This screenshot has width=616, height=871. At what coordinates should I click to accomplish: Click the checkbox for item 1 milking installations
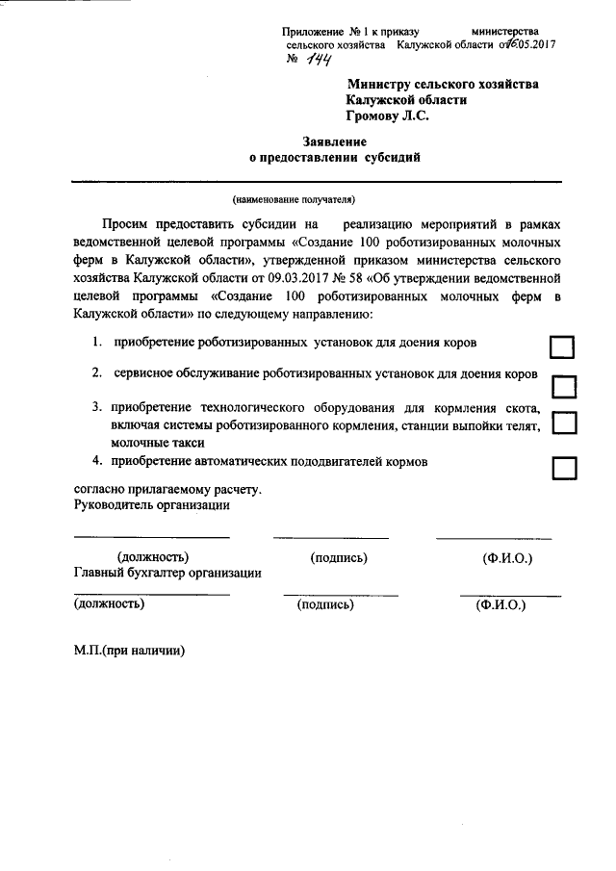coord(562,347)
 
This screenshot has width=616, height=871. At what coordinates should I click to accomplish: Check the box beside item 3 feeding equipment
coord(565,423)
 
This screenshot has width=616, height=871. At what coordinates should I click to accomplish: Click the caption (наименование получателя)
coord(293,200)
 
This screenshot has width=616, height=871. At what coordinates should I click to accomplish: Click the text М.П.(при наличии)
coord(129,649)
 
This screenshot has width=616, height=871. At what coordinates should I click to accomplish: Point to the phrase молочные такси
coord(157,443)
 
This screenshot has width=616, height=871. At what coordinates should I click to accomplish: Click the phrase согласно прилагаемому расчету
coord(167,489)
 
